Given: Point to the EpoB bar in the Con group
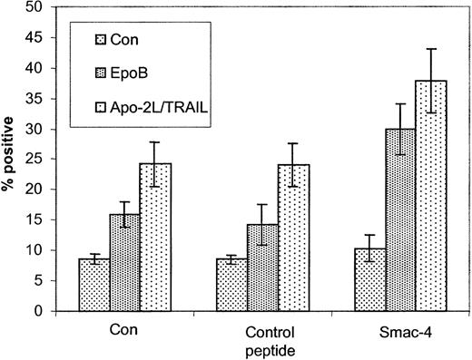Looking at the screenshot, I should [144, 262].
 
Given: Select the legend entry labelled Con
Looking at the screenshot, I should [119, 39].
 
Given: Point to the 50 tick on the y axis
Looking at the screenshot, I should [32, 6].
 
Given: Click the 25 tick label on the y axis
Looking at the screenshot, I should [32, 159].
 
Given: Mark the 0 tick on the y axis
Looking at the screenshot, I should [35, 311].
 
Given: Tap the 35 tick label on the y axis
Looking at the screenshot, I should [32, 98].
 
